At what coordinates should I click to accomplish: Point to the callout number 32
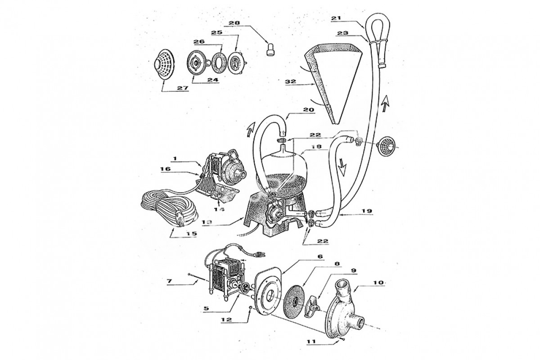[290, 81]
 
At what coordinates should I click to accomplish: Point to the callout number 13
[207, 222]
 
